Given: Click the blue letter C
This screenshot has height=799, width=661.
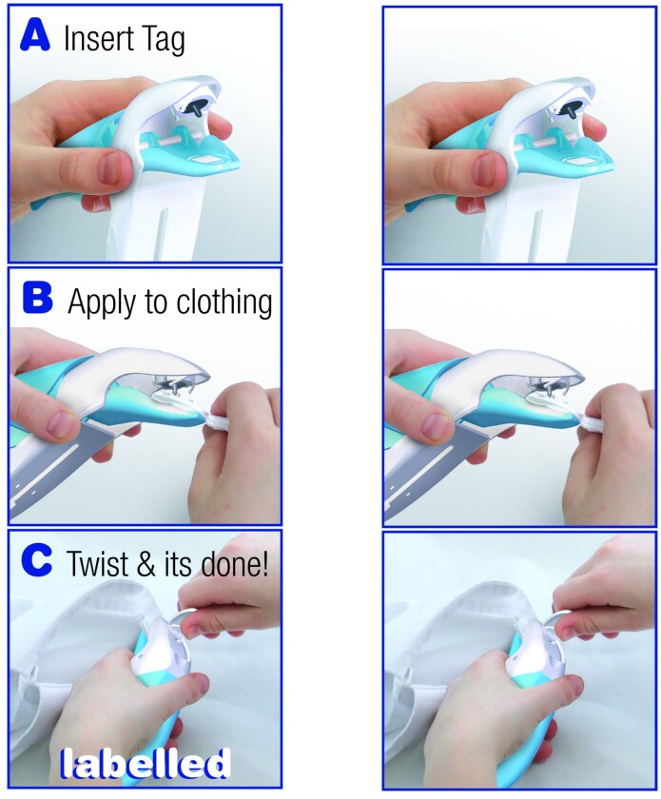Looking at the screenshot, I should [x=37, y=561].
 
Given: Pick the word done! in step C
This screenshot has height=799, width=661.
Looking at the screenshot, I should [x=238, y=564].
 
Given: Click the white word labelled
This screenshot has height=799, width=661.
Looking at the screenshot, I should [x=146, y=763].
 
